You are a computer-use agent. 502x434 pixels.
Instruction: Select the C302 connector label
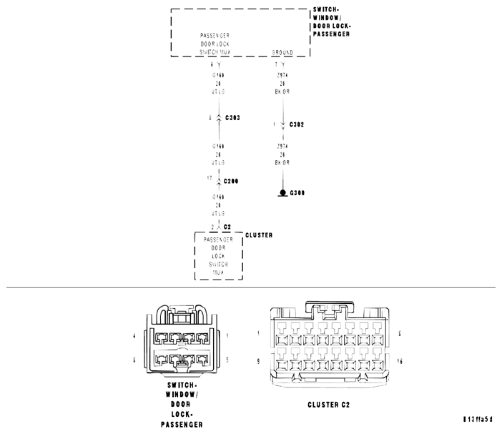297,124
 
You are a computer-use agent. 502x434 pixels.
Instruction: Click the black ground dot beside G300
283,193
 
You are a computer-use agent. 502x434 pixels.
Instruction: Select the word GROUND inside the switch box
283,52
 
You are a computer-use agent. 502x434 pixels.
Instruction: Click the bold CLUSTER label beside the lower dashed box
258,235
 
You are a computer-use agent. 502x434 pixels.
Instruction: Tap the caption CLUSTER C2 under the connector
328,405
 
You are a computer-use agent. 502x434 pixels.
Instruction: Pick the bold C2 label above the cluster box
227,227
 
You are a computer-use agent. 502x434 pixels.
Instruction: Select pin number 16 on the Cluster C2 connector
400,361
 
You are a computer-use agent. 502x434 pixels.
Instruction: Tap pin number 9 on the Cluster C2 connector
258,361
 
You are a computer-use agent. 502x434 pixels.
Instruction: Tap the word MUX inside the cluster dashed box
219,272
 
